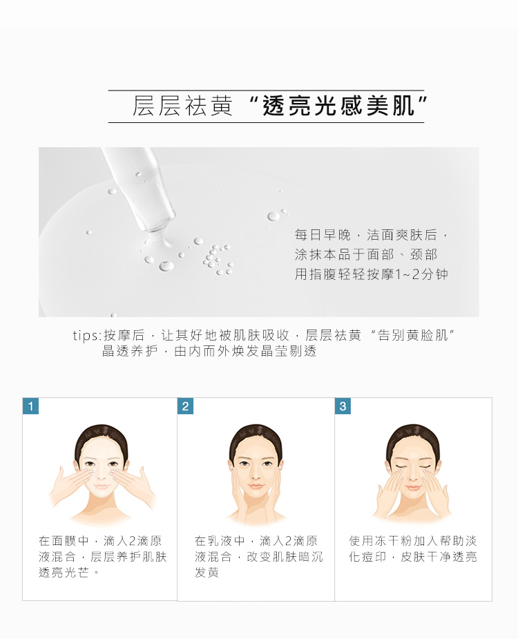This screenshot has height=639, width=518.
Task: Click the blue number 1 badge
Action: pyautogui.click(x=30, y=406)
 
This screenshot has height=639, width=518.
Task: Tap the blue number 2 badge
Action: pyautogui.click(x=185, y=406)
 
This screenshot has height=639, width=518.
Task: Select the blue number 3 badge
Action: pyautogui.click(x=343, y=406)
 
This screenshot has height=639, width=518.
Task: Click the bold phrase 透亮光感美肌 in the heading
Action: pyautogui.click(x=338, y=106)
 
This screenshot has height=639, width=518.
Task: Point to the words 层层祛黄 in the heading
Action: pyautogui.click(x=182, y=106)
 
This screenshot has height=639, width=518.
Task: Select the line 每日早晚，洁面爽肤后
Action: pyautogui.click(x=371, y=235)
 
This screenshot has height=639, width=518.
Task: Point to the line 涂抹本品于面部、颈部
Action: pyautogui.click(x=366, y=255)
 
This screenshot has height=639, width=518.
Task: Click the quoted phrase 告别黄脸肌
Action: pyautogui.click(x=413, y=336)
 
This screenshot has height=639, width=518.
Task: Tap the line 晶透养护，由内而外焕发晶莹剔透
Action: pyautogui.click(x=209, y=351)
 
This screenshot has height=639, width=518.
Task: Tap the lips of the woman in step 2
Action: pyautogui.click(x=256, y=486)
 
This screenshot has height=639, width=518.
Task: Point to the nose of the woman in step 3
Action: pyautogui.click(x=413, y=475)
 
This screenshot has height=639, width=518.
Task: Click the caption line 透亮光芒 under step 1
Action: pyautogui.click(x=64, y=573)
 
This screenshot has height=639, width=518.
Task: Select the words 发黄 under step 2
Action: pyautogui.click(x=207, y=573)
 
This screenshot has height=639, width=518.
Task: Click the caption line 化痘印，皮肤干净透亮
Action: pyautogui.click(x=413, y=557)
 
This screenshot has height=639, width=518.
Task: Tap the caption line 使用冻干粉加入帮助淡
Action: pyautogui.click(x=413, y=541)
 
